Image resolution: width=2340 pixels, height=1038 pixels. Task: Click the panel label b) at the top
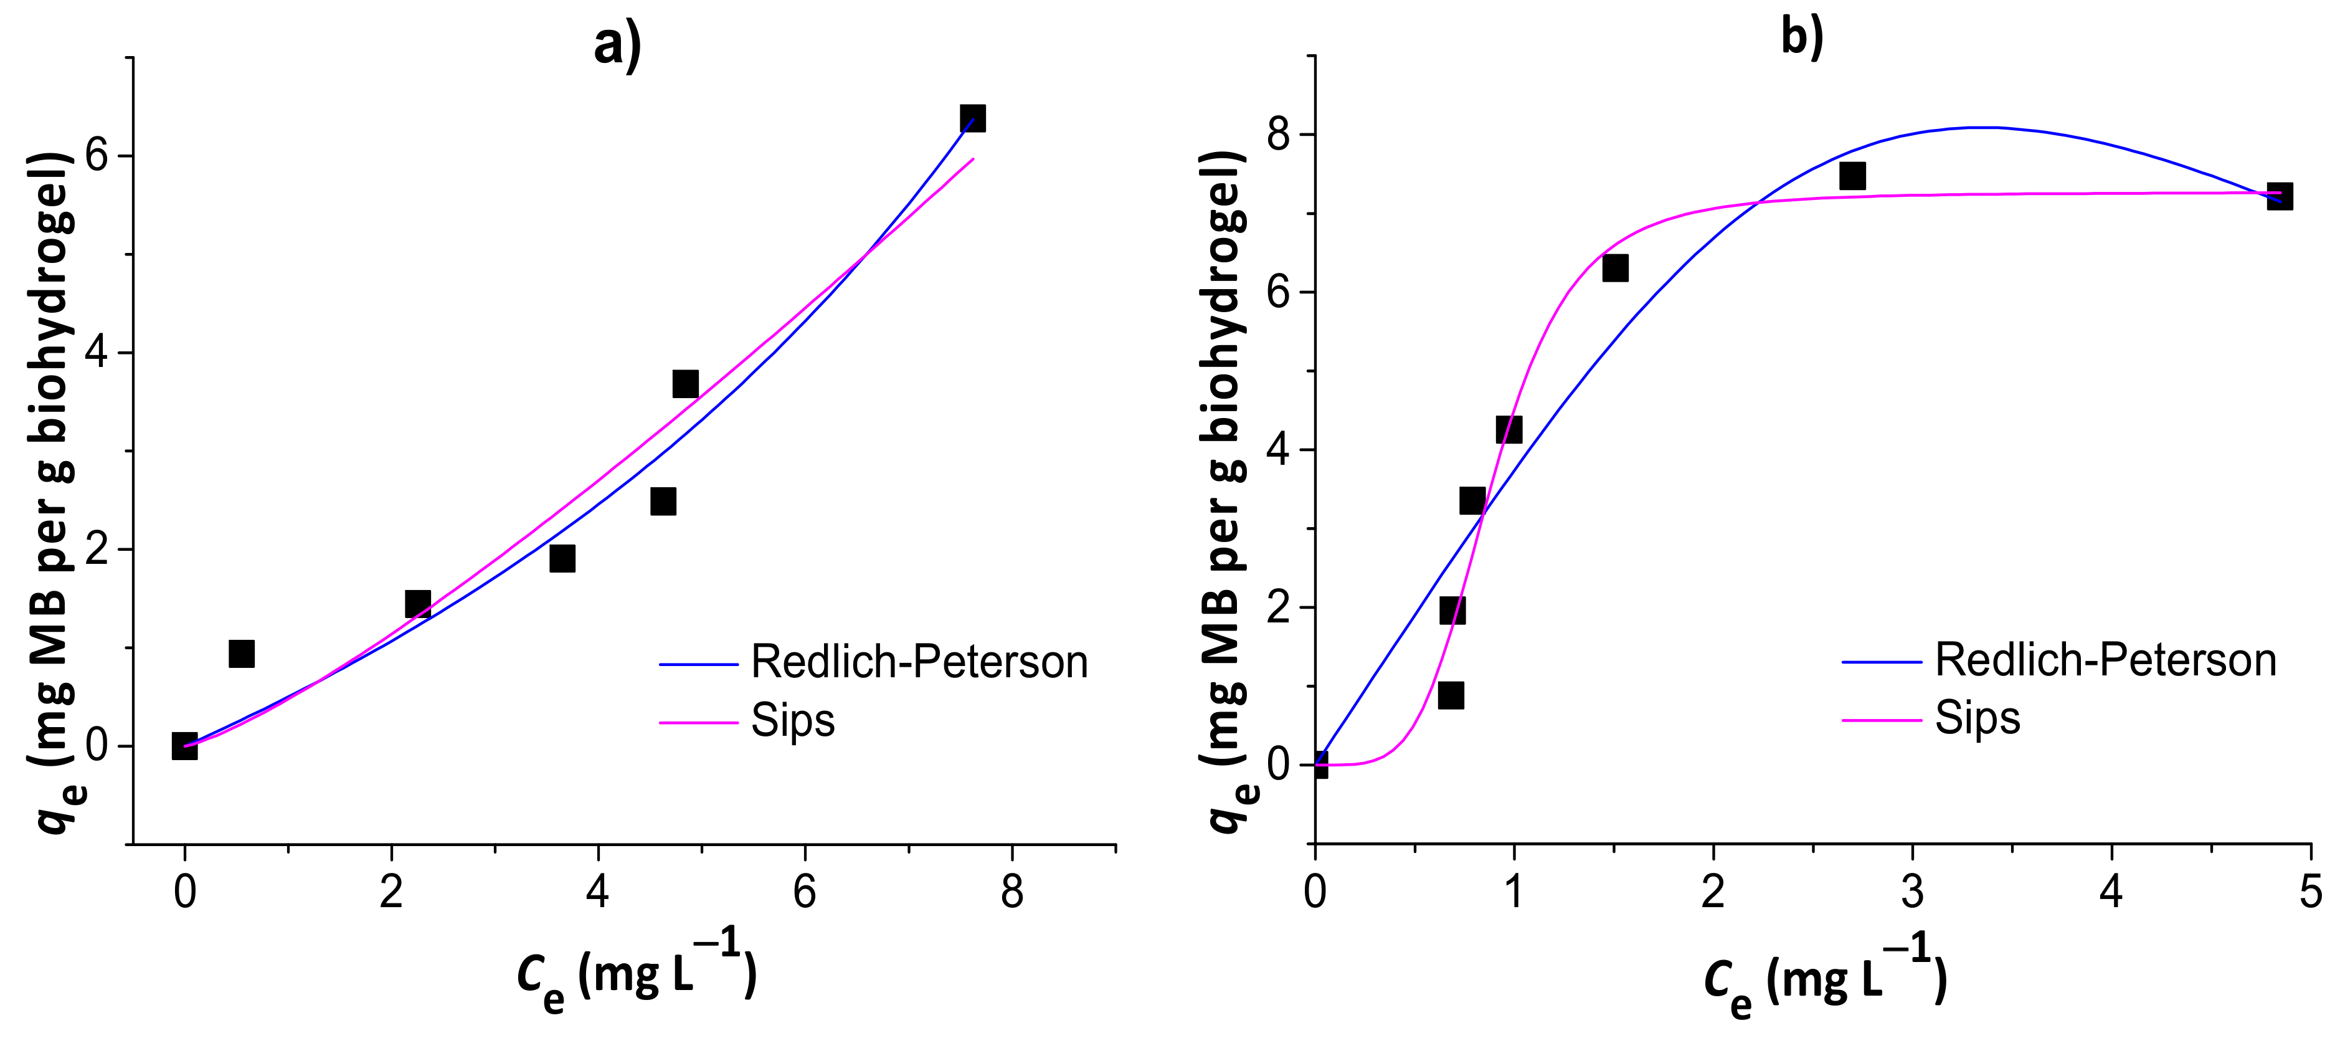point(1801,38)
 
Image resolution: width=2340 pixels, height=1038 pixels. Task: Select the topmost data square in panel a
point(972,118)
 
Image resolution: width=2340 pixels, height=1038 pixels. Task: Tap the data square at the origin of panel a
point(184,745)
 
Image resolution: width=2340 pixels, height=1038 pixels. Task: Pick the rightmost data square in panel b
point(2279,196)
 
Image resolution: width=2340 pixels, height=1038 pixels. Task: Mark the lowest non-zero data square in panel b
point(1451,695)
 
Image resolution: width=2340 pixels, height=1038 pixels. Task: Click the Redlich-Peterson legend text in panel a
point(919,662)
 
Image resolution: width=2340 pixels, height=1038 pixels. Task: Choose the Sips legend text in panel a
point(792,721)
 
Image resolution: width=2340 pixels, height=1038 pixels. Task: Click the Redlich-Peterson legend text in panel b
point(2105,660)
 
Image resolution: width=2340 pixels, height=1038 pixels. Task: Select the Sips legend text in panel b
point(1977,718)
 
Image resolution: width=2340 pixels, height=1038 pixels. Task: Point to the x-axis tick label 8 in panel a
point(1012,892)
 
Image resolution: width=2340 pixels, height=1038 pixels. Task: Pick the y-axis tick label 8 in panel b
point(1277,135)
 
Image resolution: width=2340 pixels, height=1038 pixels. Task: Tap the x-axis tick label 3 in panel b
point(1912,892)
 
